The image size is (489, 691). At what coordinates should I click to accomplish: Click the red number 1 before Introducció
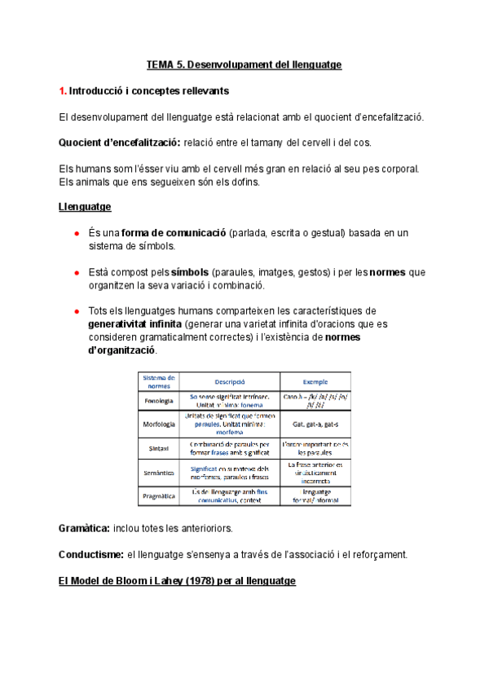pos(62,90)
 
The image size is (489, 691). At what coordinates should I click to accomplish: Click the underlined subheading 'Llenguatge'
pos(85,207)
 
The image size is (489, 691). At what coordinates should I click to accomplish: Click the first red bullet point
pos(76,234)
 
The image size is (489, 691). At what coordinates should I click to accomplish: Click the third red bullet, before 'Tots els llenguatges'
pos(76,311)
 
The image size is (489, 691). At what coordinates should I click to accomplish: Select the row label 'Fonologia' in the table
pos(158,401)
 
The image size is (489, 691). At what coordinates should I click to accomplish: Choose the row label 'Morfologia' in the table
pos(158,424)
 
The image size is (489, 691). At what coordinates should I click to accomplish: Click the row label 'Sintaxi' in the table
pos(158,447)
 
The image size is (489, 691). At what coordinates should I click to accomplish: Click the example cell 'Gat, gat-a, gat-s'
pos(315,424)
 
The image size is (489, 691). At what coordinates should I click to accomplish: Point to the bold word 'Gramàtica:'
pos(85,529)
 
